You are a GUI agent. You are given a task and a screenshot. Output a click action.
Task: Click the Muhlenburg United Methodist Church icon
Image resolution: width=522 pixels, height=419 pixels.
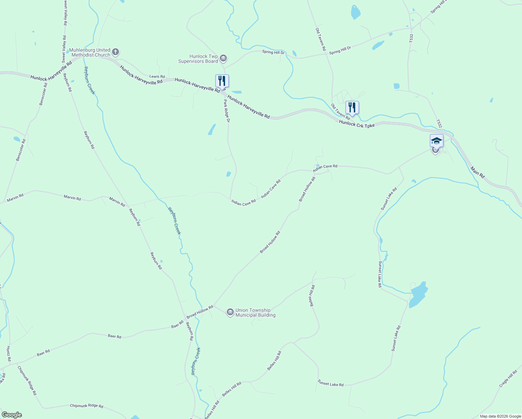pyautogui.click(x=115, y=52)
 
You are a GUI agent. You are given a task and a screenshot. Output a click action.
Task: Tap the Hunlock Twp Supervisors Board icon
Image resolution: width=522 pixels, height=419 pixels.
pyautogui.click(x=224, y=58)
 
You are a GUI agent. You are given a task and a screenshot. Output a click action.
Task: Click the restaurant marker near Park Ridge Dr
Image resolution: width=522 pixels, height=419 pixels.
pyautogui.click(x=222, y=81)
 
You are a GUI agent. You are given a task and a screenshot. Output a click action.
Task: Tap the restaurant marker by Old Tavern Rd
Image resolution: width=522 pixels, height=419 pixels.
pyautogui.click(x=352, y=108)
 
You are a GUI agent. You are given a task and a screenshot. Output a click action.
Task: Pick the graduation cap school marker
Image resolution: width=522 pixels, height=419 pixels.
pyautogui.click(x=437, y=141)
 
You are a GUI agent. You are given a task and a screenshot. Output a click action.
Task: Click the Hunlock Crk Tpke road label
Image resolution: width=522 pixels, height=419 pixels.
pyautogui.click(x=357, y=124)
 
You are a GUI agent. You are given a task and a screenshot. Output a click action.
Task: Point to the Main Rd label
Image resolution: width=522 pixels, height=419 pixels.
pyautogui.click(x=477, y=172)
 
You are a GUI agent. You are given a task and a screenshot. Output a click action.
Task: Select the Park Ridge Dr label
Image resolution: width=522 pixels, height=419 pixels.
pyautogui.click(x=227, y=111)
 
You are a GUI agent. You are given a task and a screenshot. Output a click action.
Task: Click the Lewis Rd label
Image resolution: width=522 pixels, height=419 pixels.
pyautogui.click(x=157, y=76)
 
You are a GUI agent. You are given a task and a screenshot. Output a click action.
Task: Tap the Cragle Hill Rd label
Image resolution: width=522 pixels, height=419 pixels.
pyautogui.click(x=508, y=378)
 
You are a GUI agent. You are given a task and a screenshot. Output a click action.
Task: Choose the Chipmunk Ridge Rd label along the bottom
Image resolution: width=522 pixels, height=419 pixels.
pyautogui.click(x=87, y=406)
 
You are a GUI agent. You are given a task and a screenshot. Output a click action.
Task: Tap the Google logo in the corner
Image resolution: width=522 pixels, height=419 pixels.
pyautogui.click(x=12, y=415)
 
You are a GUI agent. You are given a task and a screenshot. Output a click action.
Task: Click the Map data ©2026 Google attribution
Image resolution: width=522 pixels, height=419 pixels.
pyautogui.click(x=500, y=416)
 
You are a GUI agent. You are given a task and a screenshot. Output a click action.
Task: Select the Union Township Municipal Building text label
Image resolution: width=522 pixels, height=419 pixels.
pyautogui.click(x=255, y=313)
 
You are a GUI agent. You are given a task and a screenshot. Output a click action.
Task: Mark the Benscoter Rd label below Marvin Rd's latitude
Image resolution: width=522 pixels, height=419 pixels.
pyautogui.click(x=21, y=150)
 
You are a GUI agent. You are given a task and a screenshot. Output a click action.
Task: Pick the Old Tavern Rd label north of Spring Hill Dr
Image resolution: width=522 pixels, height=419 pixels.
pyautogui.click(x=320, y=39)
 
